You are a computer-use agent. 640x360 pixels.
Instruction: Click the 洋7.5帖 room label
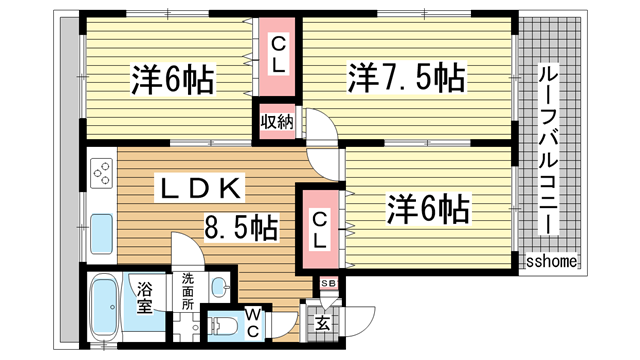tap(406, 78)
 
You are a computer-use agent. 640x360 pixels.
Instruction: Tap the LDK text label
tap(200, 188)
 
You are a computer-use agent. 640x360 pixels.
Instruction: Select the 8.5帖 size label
tap(241, 227)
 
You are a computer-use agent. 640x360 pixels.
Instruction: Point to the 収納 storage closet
tap(277, 122)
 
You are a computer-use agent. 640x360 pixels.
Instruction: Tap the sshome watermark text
tap(552, 261)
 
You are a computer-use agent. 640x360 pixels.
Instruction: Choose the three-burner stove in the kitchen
tap(102, 173)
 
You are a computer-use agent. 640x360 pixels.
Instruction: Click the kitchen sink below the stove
tap(101, 233)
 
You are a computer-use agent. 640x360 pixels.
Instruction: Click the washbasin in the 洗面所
tap(220, 286)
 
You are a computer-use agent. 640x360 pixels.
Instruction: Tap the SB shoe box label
tap(329, 283)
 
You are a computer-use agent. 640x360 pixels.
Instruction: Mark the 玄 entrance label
tap(322, 324)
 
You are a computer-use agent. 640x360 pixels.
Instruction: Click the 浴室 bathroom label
tap(144, 298)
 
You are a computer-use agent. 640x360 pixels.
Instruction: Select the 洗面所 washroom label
tap(188, 291)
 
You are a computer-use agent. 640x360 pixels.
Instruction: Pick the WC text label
tap(253, 322)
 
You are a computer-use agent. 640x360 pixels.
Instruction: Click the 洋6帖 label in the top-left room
tap(173, 80)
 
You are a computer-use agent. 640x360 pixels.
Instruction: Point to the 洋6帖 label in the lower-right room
tap(428, 209)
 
